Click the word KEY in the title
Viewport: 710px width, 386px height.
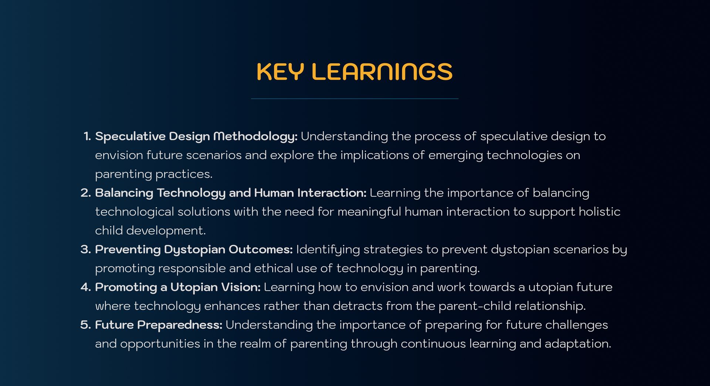pos(280,72)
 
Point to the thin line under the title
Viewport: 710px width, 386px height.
pos(355,99)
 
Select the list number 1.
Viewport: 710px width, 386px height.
pos(87,136)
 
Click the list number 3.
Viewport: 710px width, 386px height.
pos(85,250)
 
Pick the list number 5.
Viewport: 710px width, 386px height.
pos(85,325)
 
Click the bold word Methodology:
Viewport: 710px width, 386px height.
pos(256,137)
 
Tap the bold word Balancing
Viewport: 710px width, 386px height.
pos(124,193)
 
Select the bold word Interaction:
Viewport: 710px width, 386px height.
pos(332,193)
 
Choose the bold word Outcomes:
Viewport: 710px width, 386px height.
pos(261,250)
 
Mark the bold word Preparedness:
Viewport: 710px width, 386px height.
pos(180,325)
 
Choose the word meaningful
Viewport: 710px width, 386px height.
pos(369,212)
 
